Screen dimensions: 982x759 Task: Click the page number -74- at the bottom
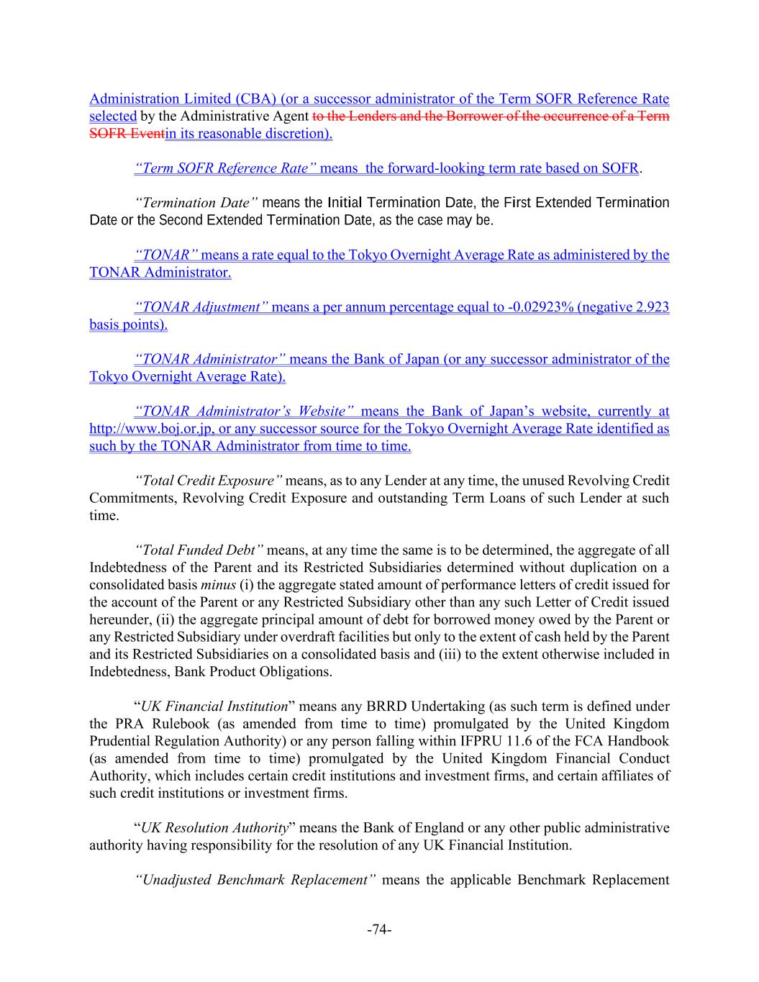pos(379,930)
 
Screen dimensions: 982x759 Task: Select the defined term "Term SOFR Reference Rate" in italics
pos(225,168)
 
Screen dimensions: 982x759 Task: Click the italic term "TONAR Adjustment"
pos(202,307)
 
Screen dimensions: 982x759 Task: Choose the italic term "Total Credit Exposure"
pos(209,481)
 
